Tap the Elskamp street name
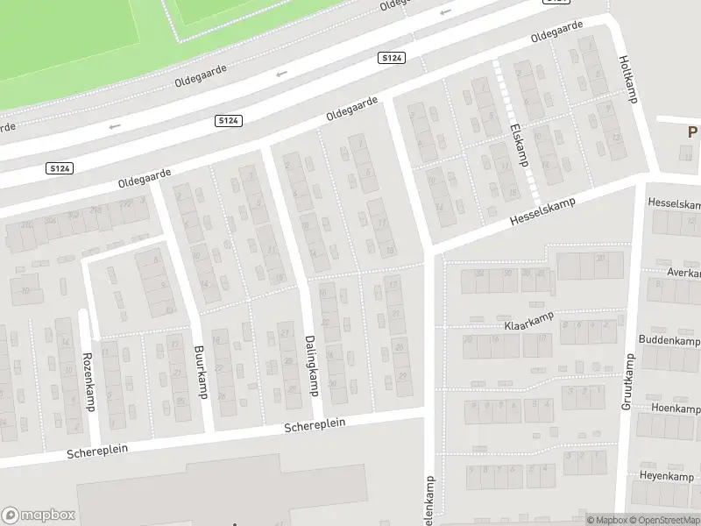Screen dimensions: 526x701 point(518,145)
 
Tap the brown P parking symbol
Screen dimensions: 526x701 point(692,132)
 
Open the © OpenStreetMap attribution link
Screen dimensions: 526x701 point(665,520)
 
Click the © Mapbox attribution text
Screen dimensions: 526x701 point(606,520)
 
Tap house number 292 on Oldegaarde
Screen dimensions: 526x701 point(127,203)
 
